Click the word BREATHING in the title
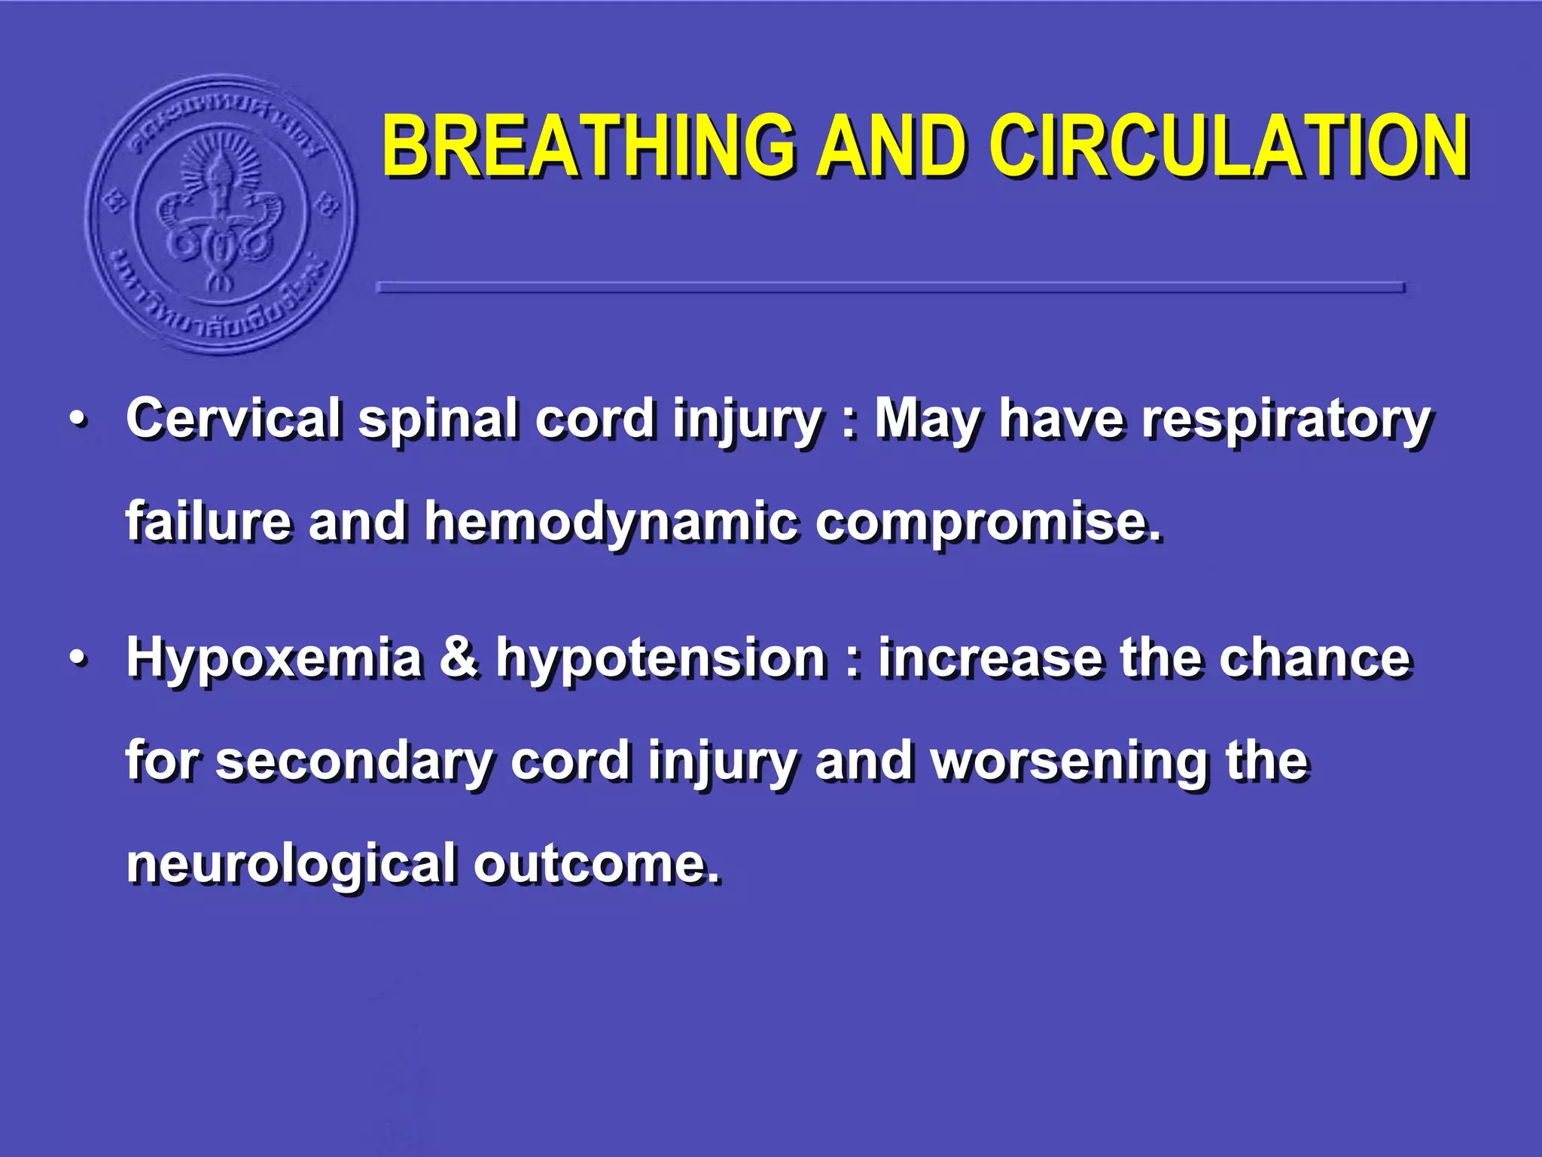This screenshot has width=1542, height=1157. pos(588,146)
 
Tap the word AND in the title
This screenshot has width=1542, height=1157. pos(892,146)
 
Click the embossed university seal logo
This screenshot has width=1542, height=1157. pos(221,215)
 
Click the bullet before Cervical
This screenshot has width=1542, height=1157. pos(78,420)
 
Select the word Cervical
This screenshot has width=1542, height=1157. pos(233,419)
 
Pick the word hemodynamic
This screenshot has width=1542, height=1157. pos(611,523)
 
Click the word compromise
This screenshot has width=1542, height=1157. pos(988,523)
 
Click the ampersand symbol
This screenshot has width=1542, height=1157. pos(459,657)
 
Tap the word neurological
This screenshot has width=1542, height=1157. pos(291,865)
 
